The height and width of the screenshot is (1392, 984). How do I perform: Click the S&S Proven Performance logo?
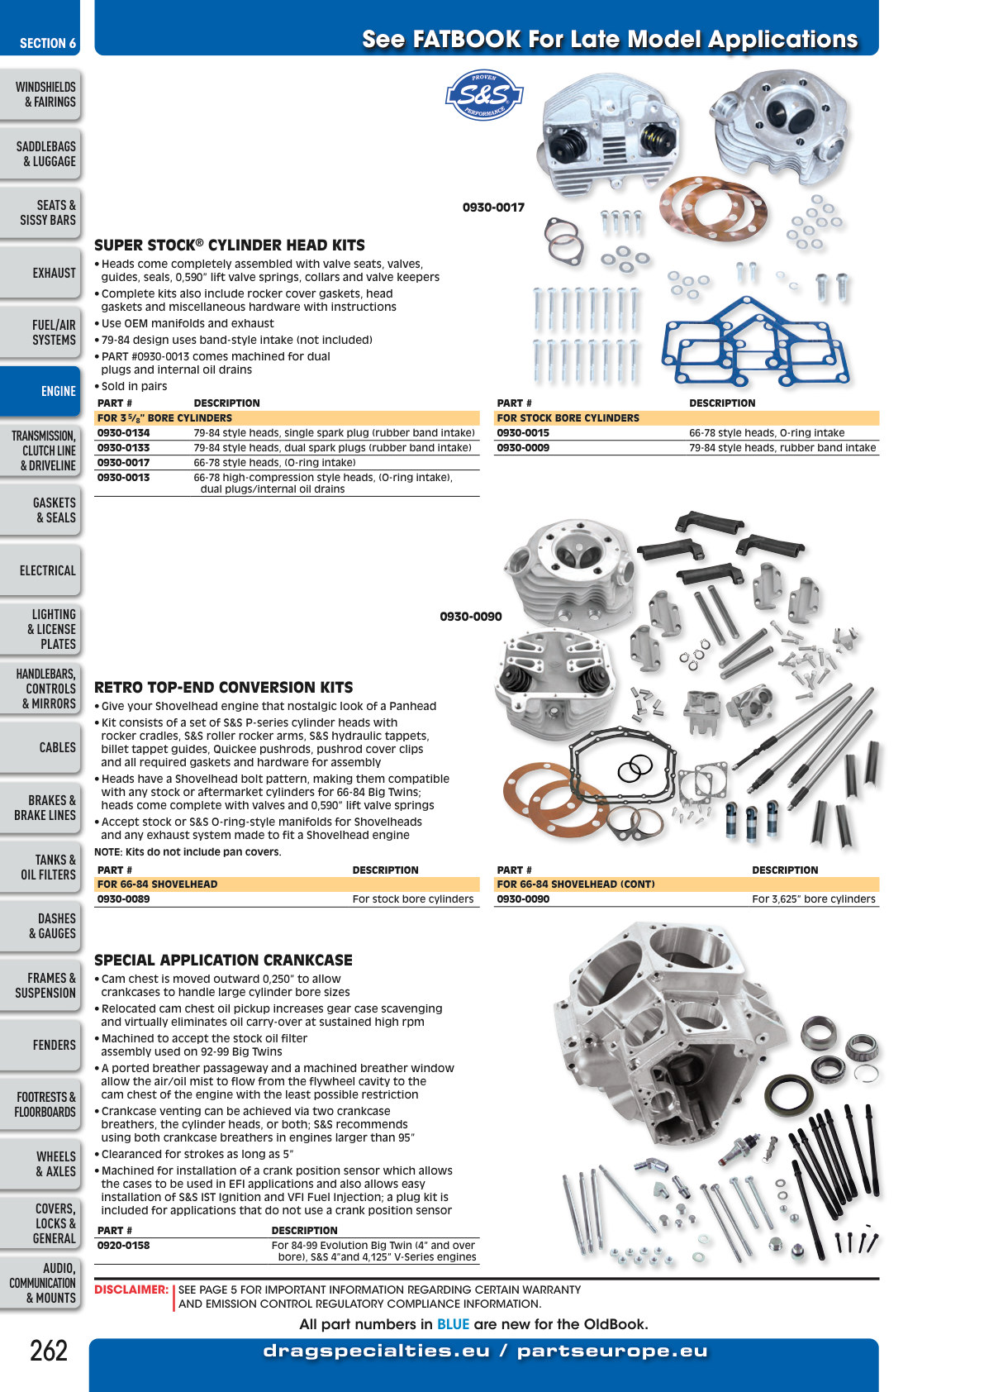point(484,94)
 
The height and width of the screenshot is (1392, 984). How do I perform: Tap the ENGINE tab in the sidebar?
point(40,391)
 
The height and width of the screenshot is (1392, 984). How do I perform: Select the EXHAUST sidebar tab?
point(40,273)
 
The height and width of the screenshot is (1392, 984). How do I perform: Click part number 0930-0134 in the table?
point(123,432)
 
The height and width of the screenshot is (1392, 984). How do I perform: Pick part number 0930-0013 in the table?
point(123,477)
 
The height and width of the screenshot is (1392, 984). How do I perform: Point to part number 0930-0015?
point(522,432)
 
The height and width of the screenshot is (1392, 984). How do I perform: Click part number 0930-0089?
point(123,899)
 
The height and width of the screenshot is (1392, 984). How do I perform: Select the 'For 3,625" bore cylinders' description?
point(813,899)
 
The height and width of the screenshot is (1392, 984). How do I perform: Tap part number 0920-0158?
point(123,1245)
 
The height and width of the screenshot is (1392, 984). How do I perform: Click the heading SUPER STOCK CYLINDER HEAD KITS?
point(229,245)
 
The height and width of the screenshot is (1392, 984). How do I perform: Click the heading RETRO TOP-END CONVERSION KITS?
point(223,687)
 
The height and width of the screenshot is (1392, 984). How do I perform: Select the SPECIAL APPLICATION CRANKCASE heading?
point(223,961)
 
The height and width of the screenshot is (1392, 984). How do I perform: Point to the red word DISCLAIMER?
point(131,1290)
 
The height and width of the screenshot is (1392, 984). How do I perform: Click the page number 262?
point(49,1351)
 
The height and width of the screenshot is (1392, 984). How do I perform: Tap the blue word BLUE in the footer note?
point(453,1324)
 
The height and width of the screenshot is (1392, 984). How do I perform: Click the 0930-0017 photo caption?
point(493,207)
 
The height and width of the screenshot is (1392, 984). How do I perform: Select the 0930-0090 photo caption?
point(470,617)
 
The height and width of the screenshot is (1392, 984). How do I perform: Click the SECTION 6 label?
point(48,43)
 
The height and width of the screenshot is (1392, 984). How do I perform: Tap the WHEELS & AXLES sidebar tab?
point(40,1163)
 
